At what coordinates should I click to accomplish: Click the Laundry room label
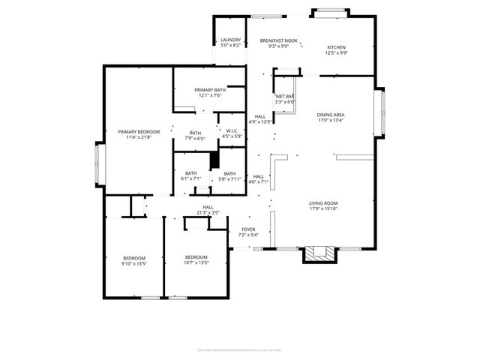pos(230,40)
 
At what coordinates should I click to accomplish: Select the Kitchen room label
pos(335,47)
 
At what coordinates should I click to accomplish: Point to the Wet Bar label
pos(284,97)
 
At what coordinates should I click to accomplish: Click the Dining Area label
pos(330,114)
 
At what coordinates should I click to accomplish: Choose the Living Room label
pos(323,203)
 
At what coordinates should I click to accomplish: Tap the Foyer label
pos(248,229)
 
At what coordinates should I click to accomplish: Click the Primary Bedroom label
pos(139,132)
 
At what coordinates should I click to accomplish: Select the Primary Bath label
pos(209,90)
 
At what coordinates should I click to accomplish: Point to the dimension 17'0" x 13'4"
pos(330,120)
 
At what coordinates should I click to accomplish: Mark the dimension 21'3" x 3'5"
pos(208,213)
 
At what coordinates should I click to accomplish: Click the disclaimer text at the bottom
pos(239,349)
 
